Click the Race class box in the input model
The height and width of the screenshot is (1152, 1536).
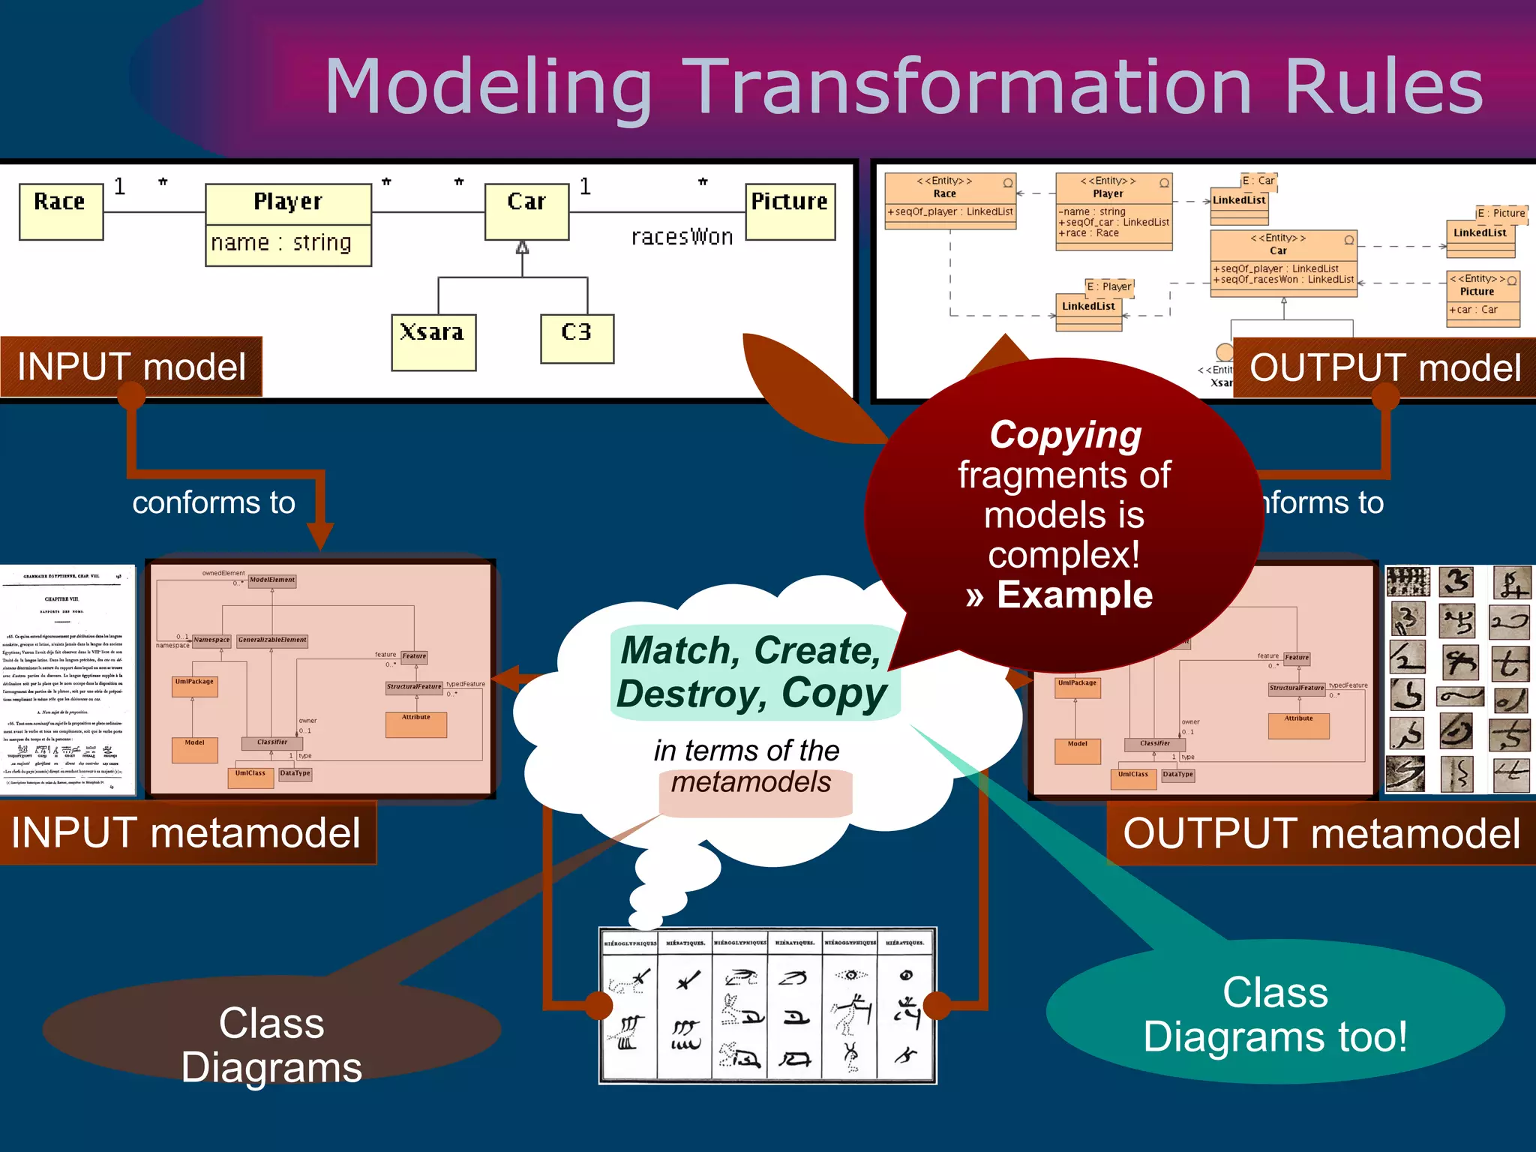pyautogui.click(x=61, y=212)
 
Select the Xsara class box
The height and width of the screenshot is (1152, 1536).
pyautogui.click(x=433, y=342)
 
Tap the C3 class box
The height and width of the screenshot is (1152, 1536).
pyautogui.click(x=577, y=338)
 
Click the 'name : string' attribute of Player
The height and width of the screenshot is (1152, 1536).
pyautogui.click(x=281, y=244)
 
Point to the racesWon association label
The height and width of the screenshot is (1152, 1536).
pyautogui.click(x=681, y=237)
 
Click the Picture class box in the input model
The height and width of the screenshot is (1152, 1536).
pyautogui.click(x=790, y=211)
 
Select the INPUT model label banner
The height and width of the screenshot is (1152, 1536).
pyautogui.click(x=131, y=367)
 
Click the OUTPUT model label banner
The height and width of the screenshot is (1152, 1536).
pyautogui.click(x=1384, y=368)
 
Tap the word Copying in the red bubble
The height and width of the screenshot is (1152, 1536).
pyautogui.click(x=1065, y=435)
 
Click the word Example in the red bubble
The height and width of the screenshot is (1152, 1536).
pyautogui.click(x=1074, y=595)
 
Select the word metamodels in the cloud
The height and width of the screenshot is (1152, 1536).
pyautogui.click(x=751, y=782)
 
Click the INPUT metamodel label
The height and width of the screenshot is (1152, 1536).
pyautogui.click(x=186, y=833)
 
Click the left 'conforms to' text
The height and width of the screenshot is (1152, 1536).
pyautogui.click(x=214, y=502)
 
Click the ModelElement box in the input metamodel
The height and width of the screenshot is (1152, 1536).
pyautogui.click(x=272, y=580)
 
